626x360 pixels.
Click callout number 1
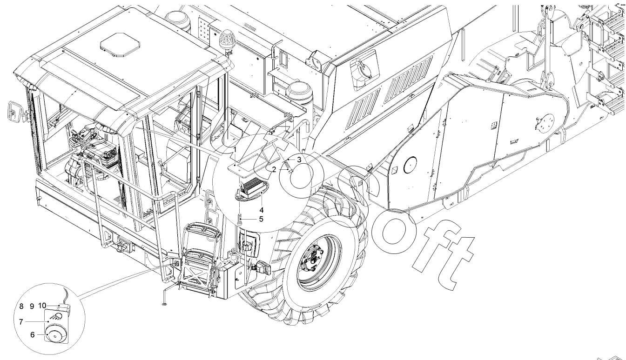(235, 150)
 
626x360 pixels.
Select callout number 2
(274, 169)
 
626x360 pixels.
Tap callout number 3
(299, 160)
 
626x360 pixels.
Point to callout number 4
(262, 210)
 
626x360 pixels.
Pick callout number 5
(261, 219)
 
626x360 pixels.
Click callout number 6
(33, 334)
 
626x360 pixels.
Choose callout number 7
(21, 322)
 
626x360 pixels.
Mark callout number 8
(21, 307)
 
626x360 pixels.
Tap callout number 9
(32, 307)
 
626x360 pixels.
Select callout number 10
(42, 306)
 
